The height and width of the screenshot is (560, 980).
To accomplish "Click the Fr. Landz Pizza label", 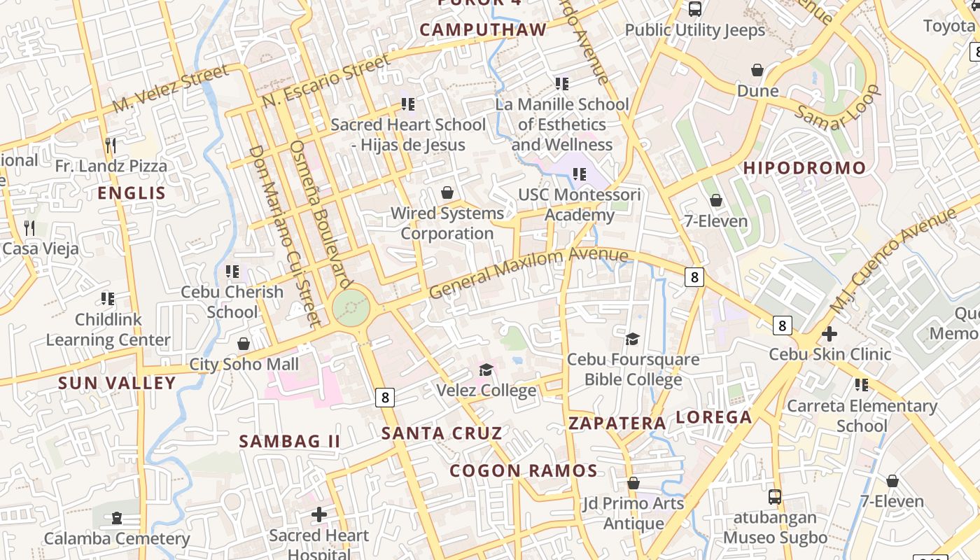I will coord(111,166).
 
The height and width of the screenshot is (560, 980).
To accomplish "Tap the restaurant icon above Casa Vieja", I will coord(29,227).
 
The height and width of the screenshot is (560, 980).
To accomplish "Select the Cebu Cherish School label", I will coord(232,302).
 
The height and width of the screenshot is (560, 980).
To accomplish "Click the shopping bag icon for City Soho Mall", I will coord(244,344).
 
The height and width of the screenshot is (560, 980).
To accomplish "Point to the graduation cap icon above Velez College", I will coord(486,369).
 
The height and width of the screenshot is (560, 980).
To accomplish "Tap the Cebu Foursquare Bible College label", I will coord(633,370).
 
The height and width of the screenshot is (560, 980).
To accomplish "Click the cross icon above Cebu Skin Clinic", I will coord(829,334).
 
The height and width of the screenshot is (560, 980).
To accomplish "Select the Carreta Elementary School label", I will coord(862,416).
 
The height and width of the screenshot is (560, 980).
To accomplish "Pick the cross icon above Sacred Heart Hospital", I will coord(319,514).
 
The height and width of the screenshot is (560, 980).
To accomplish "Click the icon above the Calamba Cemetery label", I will coord(116,518).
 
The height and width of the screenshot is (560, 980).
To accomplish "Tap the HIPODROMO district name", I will coord(804,168).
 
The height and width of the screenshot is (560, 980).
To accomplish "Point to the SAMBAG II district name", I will coord(290,442).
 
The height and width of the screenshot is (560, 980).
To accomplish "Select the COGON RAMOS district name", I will coord(524,470).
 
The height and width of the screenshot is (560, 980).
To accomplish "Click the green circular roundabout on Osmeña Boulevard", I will coord(351,307).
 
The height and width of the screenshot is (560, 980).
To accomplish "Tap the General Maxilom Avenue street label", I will coord(528,272).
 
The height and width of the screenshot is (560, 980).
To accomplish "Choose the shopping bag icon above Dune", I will coord(757,70).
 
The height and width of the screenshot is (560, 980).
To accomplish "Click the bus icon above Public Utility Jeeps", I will coord(695,9).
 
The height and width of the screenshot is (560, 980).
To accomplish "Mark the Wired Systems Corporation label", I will coord(447,223).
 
